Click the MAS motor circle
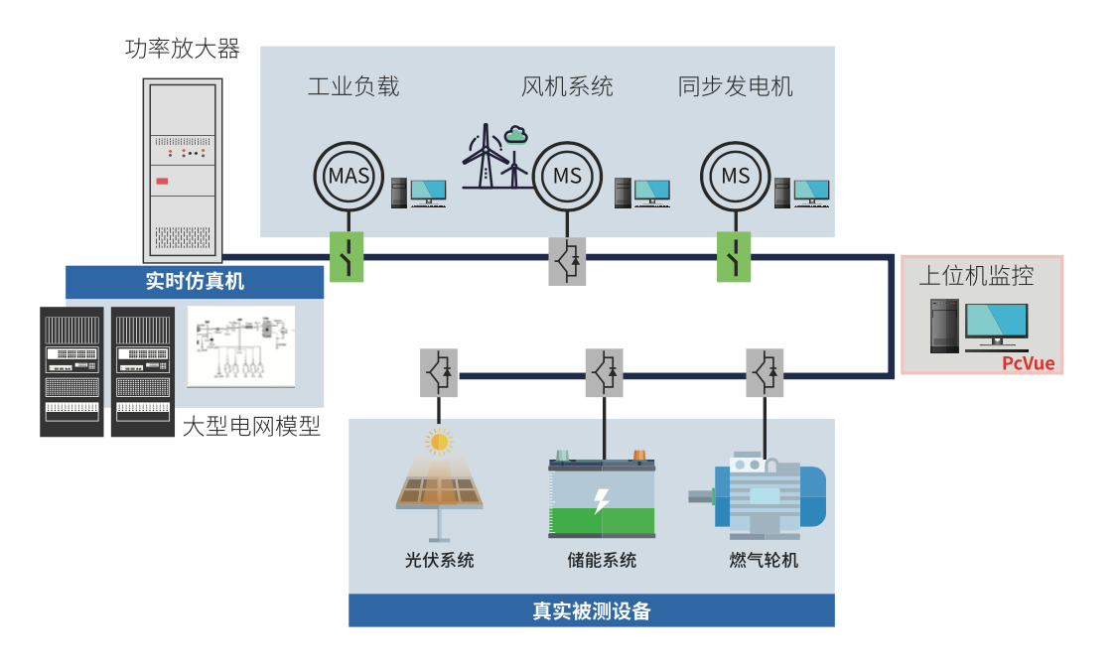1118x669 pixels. point(349,177)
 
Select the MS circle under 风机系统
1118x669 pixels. point(568,177)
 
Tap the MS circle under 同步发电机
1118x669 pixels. point(736,176)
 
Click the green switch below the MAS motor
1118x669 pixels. point(347,257)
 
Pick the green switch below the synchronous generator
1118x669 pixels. point(735,257)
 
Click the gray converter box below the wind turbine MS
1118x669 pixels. point(568,261)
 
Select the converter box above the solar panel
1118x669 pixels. point(438,372)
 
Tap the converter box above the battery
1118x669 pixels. point(604,372)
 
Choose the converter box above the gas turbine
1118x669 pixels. point(764,372)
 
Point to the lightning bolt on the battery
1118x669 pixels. point(601,501)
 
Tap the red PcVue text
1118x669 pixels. point(1028,362)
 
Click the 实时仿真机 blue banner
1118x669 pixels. point(195,282)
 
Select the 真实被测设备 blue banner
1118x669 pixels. point(591,610)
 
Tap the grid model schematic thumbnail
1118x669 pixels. point(241,345)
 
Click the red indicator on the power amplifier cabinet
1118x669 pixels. point(162,181)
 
